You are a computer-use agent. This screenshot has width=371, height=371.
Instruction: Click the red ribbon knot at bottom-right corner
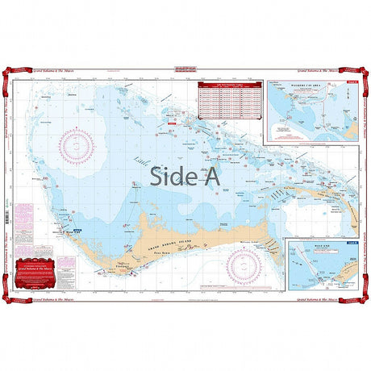364,300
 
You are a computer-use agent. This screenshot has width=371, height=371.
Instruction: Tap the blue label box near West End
77,231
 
